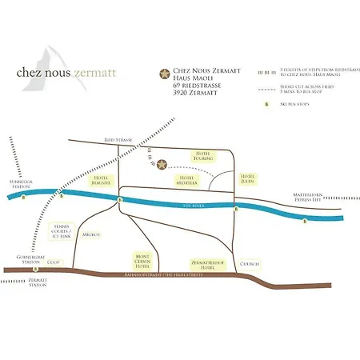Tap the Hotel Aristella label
point(187,181)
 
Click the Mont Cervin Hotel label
point(142,262)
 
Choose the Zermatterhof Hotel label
point(206,263)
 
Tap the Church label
point(250,263)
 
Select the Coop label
point(54,262)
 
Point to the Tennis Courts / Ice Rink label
point(61,231)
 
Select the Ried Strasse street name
point(118,139)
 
